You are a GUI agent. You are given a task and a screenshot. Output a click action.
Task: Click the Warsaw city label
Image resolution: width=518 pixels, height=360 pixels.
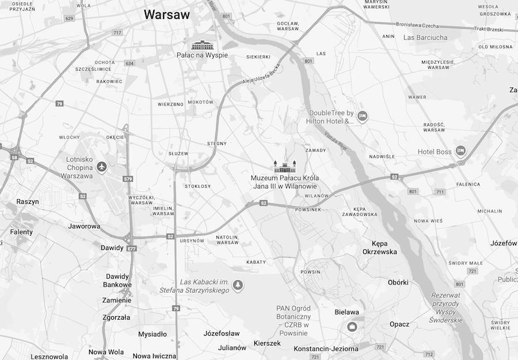[166, 14]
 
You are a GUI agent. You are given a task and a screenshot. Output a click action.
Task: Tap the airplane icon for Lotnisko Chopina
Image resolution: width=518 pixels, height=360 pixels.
[102, 167]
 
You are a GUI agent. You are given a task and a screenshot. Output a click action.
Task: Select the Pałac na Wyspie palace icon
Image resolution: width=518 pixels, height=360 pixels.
[202, 45]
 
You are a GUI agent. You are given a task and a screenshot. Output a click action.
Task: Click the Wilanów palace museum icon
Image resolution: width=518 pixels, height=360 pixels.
[284, 166]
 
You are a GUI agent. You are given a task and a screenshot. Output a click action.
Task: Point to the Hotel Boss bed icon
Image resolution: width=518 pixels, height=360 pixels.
[460, 151]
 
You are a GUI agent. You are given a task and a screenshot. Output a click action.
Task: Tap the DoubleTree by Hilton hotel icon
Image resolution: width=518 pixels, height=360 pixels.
[362, 116]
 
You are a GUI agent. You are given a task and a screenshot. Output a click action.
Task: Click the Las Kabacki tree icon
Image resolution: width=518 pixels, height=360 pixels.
[237, 285]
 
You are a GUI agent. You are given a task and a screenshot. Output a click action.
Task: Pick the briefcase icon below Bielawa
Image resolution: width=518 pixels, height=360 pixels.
[352, 327]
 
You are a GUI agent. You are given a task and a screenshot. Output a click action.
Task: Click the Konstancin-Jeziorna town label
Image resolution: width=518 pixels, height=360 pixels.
[326, 348]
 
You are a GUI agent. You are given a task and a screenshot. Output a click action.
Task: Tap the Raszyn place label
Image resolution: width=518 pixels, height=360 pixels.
[28, 202]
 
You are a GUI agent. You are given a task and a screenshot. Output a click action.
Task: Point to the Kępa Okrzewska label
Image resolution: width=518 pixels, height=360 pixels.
[379, 247]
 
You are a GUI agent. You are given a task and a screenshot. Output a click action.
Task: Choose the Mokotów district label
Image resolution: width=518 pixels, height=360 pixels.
[200, 102]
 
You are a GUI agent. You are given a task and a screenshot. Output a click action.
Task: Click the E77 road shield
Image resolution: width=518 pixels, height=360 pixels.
[132, 248]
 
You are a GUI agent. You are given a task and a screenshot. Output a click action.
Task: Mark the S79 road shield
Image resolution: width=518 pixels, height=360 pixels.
[128, 179]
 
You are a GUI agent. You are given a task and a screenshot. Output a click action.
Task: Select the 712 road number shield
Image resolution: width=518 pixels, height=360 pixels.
[429, 354]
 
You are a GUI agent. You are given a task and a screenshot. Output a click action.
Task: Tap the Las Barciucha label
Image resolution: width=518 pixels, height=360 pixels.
[425, 37]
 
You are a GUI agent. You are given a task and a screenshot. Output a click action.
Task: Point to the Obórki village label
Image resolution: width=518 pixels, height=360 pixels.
[398, 282]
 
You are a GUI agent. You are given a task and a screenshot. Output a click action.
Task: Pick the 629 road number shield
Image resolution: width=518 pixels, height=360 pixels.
[70, 18]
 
